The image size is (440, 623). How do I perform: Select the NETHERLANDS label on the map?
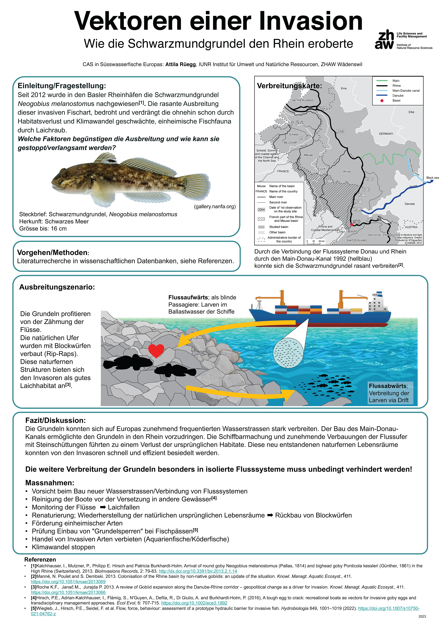pyautogui.click(x=303, y=100)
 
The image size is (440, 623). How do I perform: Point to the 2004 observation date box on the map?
pyautogui.click(x=322, y=108)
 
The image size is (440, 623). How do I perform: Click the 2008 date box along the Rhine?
pyautogui.click(x=340, y=131)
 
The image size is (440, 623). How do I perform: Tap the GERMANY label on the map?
pyautogui.click(x=386, y=134)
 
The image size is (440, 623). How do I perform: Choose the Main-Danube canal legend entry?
pyautogui.click(x=406, y=91)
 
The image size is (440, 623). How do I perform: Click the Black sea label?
pyautogui.click(x=432, y=178)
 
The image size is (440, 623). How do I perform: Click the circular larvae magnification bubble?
pyautogui.click(x=288, y=353)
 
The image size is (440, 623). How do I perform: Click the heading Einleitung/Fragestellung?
pyautogui.click(x=62, y=86)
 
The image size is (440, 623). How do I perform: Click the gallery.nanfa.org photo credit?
pyautogui.click(x=215, y=207)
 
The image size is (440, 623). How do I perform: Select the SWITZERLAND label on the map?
pyautogui.click(x=356, y=240)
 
